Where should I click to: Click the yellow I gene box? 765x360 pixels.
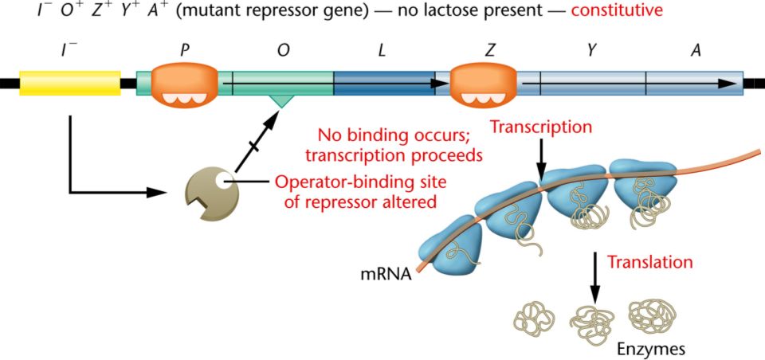tap(69, 83)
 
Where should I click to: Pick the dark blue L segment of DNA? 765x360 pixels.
tap(384, 82)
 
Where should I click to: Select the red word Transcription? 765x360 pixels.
tap(541, 127)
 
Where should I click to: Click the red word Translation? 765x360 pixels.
tap(649, 261)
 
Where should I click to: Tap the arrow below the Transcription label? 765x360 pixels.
tap(541, 160)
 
